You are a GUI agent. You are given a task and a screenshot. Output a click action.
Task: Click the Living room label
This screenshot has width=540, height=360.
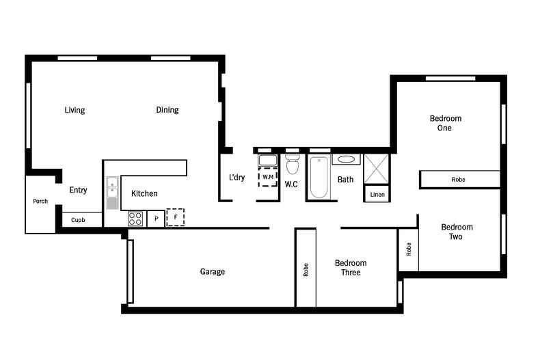point(75,110)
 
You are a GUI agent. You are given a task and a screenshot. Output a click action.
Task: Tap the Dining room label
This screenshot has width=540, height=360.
point(167,110)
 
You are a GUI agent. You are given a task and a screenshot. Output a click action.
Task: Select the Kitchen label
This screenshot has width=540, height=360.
point(144,194)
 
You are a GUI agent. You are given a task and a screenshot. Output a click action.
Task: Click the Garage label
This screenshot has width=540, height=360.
point(212,272)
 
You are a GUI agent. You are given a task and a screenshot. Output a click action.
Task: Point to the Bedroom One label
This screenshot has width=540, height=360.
point(445,123)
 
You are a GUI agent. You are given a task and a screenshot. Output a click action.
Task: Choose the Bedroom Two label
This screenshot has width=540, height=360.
point(456,232)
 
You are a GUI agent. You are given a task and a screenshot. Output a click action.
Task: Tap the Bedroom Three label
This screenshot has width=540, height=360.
point(351,268)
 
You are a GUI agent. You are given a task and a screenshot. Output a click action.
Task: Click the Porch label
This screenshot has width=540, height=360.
point(40,202)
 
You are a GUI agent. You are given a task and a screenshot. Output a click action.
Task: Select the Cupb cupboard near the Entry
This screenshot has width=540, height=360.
point(78,220)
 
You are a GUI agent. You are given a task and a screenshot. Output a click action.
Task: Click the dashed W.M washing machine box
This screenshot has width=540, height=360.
point(267,177)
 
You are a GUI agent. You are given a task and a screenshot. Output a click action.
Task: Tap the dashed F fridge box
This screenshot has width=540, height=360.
point(176,218)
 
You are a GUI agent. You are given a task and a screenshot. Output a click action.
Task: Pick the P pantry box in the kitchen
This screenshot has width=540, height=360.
point(156,219)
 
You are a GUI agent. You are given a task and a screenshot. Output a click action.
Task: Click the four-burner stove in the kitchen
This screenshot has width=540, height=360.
point(135,219)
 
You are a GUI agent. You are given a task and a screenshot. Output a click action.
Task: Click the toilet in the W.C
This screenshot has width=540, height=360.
point(293,165)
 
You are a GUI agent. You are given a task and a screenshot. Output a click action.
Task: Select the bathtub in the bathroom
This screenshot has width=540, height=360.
point(319,178)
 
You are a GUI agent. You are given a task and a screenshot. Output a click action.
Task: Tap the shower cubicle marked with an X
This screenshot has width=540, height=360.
point(375,168)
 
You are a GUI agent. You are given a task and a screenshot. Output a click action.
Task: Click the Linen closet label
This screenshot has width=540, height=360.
point(377,195)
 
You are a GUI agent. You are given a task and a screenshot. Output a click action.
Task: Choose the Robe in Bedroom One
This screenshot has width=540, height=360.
point(459,180)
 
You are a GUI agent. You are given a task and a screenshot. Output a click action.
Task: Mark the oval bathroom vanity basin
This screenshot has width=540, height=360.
point(346,160)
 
